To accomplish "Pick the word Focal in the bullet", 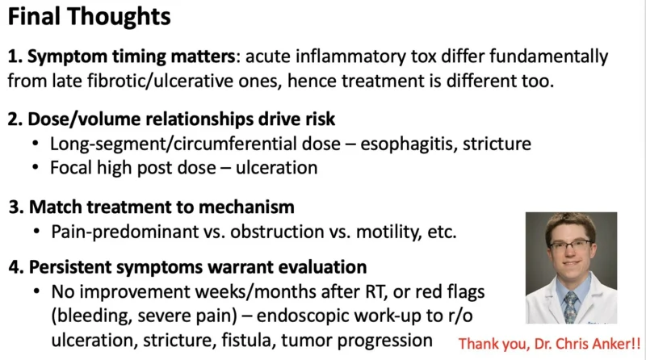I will click(71, 168).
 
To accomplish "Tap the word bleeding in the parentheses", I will click(90, 314).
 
